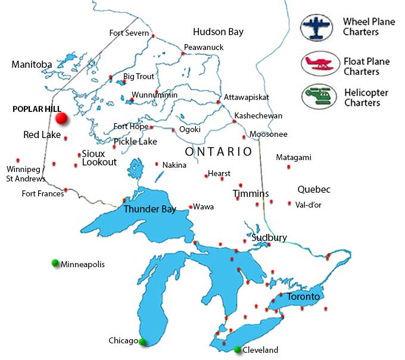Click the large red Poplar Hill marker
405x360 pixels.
coord(61,119)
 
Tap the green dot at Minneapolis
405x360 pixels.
coord(55,263)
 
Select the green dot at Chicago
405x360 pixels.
coord(142,342)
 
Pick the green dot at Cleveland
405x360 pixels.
coord(238,349)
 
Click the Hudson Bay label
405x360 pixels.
coord(218,32)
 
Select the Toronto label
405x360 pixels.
coord(303,296)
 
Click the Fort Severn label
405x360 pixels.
coord(129,33)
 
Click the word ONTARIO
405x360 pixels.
coord(219,152)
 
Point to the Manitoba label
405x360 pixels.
coord(32,64)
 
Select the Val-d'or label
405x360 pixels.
coord(308,204)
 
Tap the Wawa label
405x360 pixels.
coord(204,207)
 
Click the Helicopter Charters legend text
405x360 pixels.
coord(366,98)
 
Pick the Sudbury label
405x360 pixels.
coord(269,237)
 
